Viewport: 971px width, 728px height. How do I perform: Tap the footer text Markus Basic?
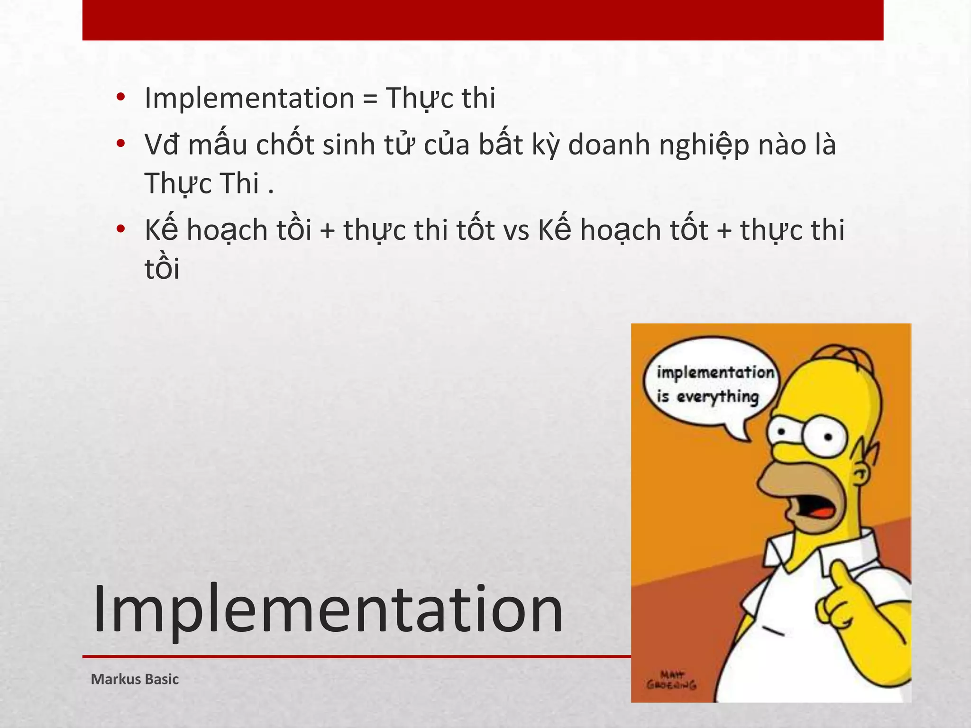click(x=135, y=679)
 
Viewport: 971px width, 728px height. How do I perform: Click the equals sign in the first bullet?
click(x=370, y=99)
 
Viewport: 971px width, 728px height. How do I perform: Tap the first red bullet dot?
click(x=120, y=98)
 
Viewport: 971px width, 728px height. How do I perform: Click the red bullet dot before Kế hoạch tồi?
click(x=120, y=229)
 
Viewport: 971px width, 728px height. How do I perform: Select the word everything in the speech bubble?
click(x=717, y=396)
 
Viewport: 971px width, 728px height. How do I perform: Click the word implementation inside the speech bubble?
click(x=715, y=373)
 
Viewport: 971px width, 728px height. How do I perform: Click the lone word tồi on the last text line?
click(x=162, y=269)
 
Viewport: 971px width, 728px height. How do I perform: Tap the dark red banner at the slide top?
click(x=483, y=20)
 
